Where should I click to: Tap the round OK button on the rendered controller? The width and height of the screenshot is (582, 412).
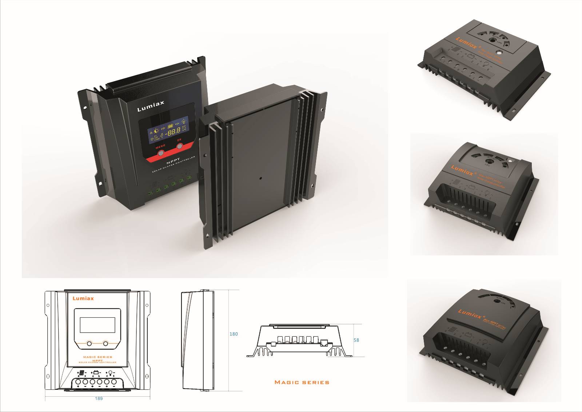tap(180, 146)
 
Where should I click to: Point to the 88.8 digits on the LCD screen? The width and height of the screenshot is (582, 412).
tap(173, 131)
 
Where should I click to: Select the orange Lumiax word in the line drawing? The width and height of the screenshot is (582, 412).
tap(83, 298)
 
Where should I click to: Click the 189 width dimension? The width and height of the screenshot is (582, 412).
tap(99, 398)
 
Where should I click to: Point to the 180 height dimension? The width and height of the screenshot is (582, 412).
tap(234, 334)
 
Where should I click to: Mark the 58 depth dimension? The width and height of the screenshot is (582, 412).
tap(356, 340)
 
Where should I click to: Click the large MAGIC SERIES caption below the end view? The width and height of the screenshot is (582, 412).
tap(302, 382)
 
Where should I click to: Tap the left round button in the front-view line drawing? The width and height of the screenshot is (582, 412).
tap(89, 343)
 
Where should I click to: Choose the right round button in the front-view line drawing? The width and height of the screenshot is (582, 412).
tap(105, 343)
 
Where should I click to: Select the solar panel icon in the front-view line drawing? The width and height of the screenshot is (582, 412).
tap(82, 373)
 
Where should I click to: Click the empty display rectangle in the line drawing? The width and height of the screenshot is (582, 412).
tap(97, 325)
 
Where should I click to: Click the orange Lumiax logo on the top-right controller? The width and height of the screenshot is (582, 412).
tap(469, 43)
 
